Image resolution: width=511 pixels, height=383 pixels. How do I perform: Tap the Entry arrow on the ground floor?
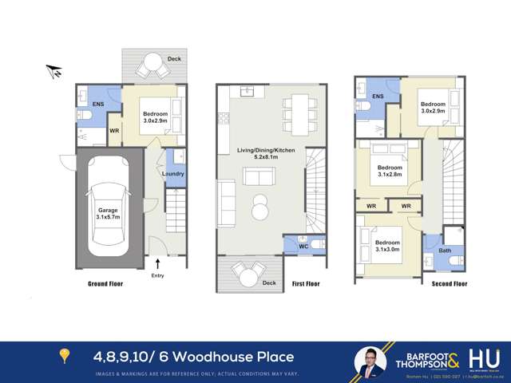[x=157, y=263]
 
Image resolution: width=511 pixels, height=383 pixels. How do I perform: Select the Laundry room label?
[x=173, y=174]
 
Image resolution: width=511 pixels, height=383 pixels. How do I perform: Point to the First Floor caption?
[x=308, y=283]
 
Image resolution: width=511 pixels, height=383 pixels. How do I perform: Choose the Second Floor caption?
[x=450, y=283]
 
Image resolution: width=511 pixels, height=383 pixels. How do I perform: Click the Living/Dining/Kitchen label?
[x=268, y=151]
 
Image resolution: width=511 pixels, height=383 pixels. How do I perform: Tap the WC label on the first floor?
[x=303, y=247]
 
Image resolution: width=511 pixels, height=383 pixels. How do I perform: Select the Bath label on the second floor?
[x=444, y=251]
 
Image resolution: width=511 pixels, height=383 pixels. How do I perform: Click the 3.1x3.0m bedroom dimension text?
[x=388, y=248]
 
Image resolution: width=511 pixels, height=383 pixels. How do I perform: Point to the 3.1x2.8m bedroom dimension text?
[x=389, y=172]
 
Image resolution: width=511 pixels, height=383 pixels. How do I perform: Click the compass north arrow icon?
[x=55, y=73]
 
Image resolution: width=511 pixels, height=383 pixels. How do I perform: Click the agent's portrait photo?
[x=370, y=361]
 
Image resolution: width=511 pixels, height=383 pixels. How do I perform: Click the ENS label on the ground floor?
[x=98, y=105]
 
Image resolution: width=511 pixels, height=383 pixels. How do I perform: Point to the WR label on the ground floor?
[x=114, y=130]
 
